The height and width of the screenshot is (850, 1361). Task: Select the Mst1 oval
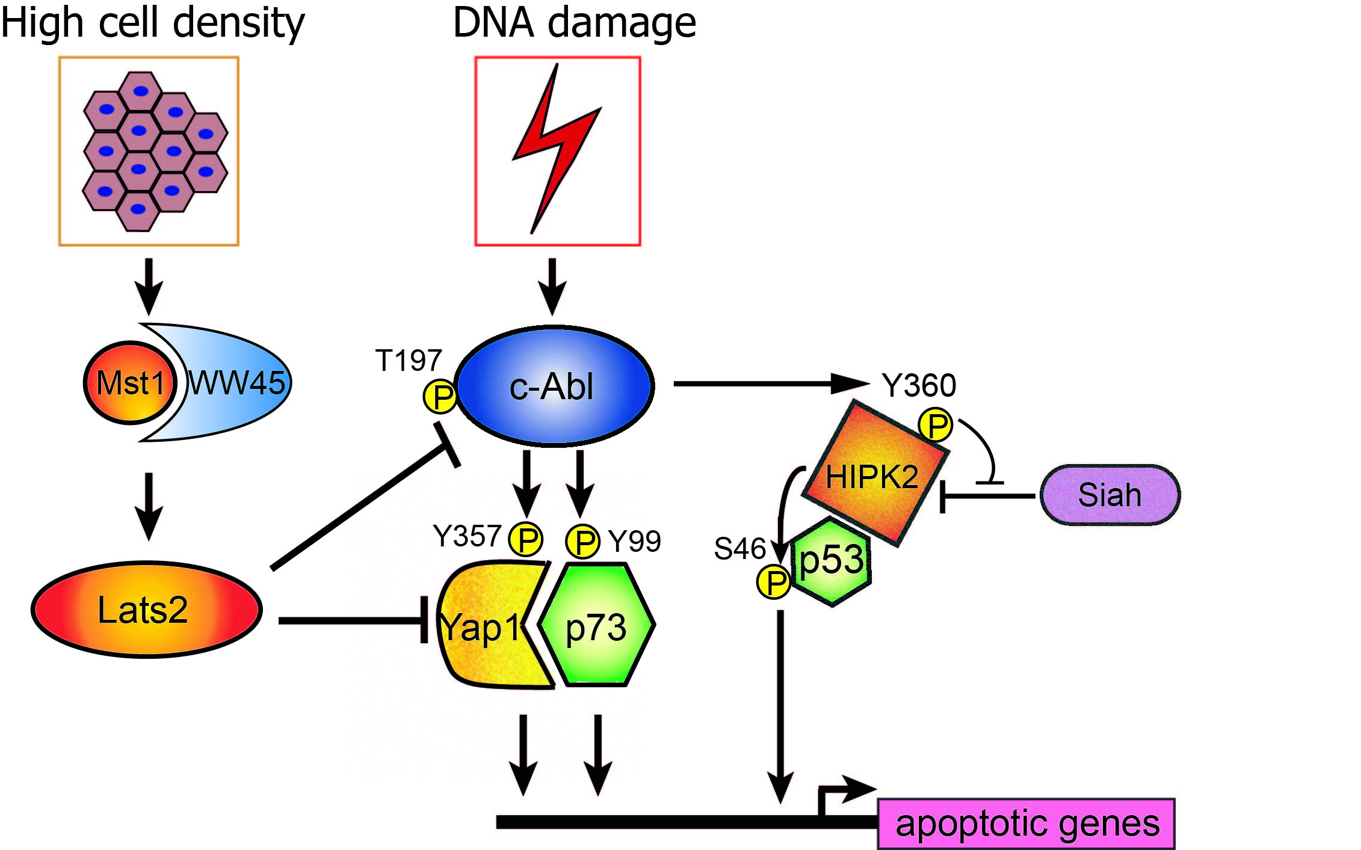tap(130, 383)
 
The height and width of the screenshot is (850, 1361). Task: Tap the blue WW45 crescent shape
tap(241, 382)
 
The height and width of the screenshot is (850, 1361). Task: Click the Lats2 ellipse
tap(146, 610)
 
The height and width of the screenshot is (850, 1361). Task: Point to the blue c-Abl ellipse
tap(554, 386)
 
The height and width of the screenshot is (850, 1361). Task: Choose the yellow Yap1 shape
tap(487, 625)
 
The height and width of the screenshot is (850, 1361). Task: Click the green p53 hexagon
tap(833, 561)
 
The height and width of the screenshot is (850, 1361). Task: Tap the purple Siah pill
tap(1109, 495)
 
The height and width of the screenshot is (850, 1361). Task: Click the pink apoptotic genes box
tap(1026, 824)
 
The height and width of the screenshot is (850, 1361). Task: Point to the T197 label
tap(409, 361)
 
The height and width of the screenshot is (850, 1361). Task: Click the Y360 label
tap(919, 385)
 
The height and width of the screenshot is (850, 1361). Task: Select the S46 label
tap(739, 548)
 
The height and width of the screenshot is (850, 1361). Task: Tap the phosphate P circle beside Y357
tap(526, 540)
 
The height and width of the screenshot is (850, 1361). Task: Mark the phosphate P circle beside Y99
tap(583, 541)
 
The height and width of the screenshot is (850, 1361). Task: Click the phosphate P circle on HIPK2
tap(936, 425)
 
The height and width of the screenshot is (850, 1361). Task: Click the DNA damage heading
tap(575, 23)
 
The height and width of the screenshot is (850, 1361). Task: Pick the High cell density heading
tap(153, 23)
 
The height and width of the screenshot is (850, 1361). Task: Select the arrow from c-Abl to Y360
tap(770, 383)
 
